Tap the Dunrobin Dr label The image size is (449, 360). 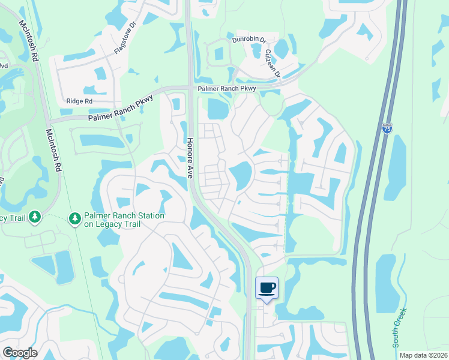249,40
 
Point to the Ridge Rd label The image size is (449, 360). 79,102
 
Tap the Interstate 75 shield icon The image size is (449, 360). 387,128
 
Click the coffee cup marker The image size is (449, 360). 267,287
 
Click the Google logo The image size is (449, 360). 20,352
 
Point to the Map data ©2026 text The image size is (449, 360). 423,355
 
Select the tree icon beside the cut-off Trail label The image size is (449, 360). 34,217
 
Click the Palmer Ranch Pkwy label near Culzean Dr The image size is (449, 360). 228,89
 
